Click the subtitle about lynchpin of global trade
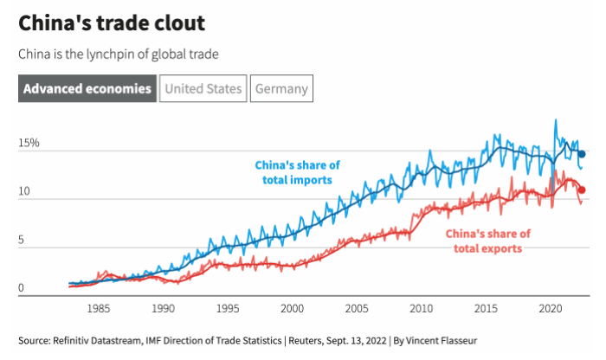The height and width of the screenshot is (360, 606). click(118, 55)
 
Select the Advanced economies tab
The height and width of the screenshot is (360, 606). click(87, 88)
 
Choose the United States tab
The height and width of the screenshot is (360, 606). click(203, 88)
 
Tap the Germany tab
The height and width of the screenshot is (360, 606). click(281, 88)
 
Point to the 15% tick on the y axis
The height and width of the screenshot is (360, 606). click(29, 142)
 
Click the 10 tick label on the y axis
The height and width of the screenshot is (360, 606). click(24, 190)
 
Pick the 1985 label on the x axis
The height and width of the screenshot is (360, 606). click(98, 308)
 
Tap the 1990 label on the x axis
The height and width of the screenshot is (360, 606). click(163, 308)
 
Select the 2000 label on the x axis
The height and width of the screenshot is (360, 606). click(293, 308)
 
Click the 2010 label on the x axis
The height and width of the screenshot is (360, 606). click(422, 308)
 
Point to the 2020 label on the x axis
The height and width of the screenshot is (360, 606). click(551, 308)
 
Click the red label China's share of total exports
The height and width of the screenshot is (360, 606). click(488, 241)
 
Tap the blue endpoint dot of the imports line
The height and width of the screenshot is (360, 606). click(582, 154)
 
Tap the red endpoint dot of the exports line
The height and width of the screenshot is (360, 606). click(582, 190)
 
